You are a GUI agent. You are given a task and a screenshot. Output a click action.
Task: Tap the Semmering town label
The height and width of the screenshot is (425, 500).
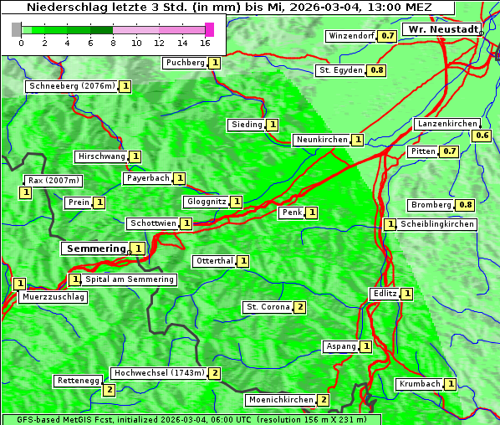pyautogui.click(x=95, y=248)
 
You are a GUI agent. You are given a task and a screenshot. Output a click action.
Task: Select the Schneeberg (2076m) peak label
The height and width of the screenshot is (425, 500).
pyautogui.click(x=71, y=86)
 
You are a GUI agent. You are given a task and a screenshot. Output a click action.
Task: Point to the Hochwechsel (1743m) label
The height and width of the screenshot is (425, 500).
pyautogui.click(x=159, y=373)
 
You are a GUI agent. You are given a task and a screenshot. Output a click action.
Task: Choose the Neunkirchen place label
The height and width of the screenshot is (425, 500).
pyautogui.click(x=321, y=140)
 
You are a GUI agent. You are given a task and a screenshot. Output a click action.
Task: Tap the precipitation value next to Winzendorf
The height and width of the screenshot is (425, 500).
pyautogui.click(x=386, y=37)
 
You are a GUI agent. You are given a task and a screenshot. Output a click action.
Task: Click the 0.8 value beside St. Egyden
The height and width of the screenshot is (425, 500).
pyautogui.click(x=377, y=70)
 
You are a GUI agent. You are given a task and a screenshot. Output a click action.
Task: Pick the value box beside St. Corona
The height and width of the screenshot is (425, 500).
pyautogui.click(x=299, y=307)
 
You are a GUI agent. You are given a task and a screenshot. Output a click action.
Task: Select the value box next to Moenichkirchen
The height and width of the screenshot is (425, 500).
pyautogui.click(x=324, y=401)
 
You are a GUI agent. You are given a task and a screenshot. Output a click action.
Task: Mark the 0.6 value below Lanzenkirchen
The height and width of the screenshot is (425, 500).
pyautogui.click(x=482, y=136)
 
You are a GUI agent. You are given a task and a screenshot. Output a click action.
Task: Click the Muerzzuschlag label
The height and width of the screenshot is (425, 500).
pyautogui.click(x=53, y=297)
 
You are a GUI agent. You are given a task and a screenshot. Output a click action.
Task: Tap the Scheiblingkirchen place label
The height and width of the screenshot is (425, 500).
pyautogui.click(x=437, y=224)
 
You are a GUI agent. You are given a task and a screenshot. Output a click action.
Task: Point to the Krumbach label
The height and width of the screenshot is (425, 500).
pyautogui.click(x=420, y=384)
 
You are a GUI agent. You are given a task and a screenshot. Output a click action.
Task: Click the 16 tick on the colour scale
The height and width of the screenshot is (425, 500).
pyautogui.click(x=206, y=43)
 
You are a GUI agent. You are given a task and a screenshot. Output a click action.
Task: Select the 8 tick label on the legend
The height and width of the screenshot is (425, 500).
pyautogui.click(x=113, y=43)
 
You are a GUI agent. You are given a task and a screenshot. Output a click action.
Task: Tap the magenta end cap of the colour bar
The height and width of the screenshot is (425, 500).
pyautogui.click(x=209, y=29)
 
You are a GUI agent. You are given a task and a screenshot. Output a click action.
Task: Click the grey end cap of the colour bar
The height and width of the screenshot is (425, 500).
pyautogui.click(x=17, y=29)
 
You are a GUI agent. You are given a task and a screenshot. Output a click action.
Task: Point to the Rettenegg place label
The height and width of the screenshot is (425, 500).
pyautogui.click(x=79, y=381)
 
